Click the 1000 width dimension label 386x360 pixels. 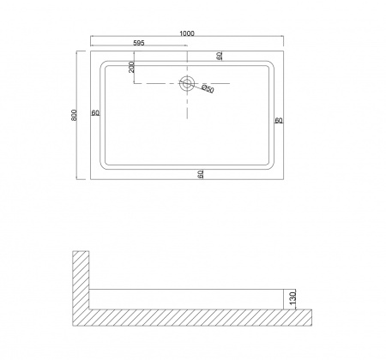point(187,33)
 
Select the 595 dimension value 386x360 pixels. point(139,43)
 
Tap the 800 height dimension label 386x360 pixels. point(74,115)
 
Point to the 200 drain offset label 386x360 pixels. point(131,67)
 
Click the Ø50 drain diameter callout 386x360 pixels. point(208,88)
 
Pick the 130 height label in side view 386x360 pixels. point(293,299)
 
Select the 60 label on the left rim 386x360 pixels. point(95,113)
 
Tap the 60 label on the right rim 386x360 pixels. point(279,120)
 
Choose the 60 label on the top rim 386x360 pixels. point(220,56)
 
